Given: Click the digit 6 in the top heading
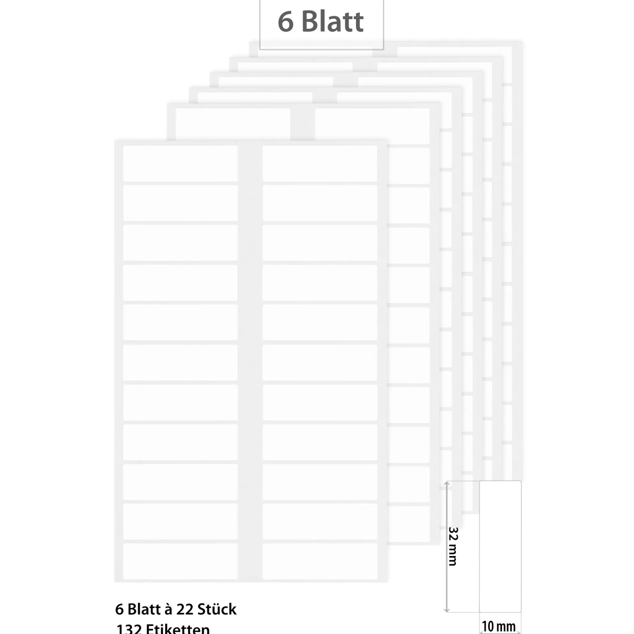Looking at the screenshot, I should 286,22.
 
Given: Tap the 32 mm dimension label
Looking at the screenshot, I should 453,551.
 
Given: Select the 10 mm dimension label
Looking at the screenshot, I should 499,626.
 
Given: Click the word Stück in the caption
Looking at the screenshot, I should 217,609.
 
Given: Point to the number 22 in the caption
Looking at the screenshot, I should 185,609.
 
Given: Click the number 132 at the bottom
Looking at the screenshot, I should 129,629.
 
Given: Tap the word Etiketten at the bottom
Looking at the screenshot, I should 178,629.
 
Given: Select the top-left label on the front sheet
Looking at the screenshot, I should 180,163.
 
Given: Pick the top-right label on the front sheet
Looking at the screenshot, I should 320,163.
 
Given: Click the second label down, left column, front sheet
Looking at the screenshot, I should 180,203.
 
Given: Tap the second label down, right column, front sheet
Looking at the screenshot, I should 320,203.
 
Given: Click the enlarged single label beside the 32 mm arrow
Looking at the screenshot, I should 500,546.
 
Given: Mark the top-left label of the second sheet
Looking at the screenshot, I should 233,124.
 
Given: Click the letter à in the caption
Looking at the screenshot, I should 168,609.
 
